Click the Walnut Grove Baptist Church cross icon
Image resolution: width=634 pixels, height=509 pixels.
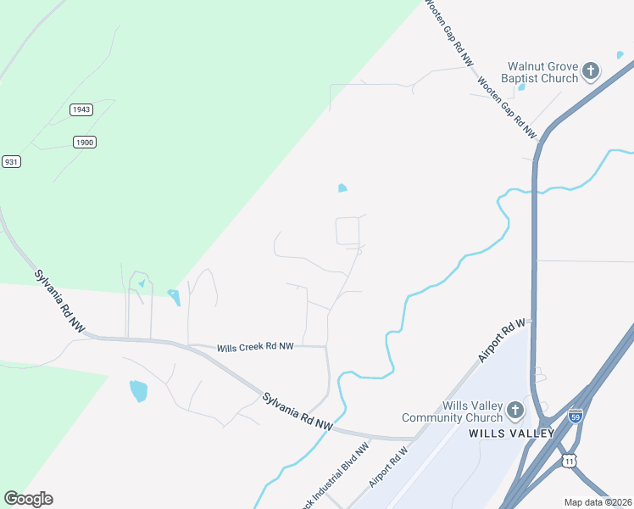(x=591, y=70)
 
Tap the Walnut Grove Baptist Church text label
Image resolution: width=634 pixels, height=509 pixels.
(x=542, y=72)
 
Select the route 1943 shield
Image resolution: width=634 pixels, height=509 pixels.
(x=81, y=109)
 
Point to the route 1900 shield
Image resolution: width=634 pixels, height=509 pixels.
(x=84, y=142)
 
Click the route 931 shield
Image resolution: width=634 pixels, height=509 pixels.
(x=11, y=161)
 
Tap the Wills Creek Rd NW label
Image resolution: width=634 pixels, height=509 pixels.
(x=255, y=348)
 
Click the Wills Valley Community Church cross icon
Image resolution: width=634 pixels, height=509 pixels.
(x=514, y=411)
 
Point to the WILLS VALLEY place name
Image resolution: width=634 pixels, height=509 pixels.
(x=511, y=433)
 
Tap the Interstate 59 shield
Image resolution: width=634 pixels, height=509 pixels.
(x=576, y=417)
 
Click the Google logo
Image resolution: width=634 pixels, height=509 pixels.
(x=28, y=499)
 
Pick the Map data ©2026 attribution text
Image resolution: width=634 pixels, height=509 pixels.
(x=598, y=502)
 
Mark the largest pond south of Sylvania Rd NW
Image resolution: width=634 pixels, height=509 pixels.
(x=138, y=391)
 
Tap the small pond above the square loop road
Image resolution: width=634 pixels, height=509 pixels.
(x=342, y=187)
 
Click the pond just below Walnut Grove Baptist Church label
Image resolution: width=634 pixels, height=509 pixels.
(x=521, y=87)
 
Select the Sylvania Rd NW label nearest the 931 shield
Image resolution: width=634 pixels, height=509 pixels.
(x=60, y=300)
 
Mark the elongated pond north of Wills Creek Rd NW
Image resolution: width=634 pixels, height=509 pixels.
(x=175, y=297)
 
